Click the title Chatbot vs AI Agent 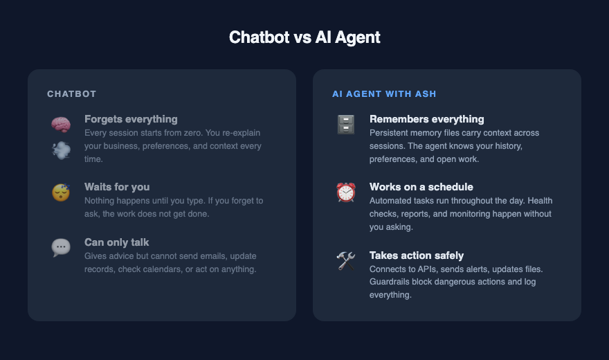(x=304, y=37)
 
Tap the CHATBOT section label (x=71, y=93)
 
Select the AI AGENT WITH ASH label (x=383, y=93)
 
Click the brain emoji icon (x=61, y=125)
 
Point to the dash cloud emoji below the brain (x=61, y=150)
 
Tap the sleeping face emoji (x=61, y=192)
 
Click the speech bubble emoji (x=61, y=248)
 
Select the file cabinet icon (x=345, y=125)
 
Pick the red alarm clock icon (x=345, y=192)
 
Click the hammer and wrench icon (x=345, y=260)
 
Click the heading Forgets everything (x=131, y=119)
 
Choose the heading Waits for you (x=117, y=187)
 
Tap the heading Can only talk (x=116, y=242)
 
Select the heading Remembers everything (x=427, y=119)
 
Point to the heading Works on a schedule (x=421, y=187)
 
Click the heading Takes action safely (x=417, y=255)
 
